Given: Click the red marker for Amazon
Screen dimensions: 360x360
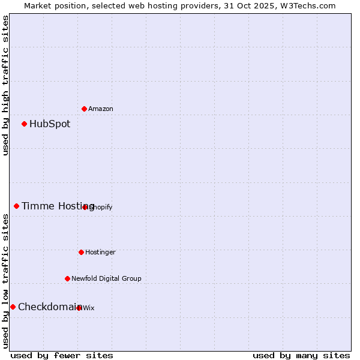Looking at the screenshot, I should click(84, 109).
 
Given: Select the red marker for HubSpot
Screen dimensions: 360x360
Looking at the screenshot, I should click(24, 124).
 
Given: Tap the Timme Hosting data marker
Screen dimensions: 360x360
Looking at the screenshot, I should click(16, 206).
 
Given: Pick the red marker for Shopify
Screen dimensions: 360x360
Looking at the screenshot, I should click(85, 207).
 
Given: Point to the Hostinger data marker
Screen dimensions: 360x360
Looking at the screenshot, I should click(81, 252).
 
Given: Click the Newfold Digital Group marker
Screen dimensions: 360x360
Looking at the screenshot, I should click(67, 278).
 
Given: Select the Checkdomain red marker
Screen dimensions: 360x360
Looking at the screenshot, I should click(13, 307).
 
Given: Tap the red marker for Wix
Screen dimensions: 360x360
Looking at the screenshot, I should click(79, 308).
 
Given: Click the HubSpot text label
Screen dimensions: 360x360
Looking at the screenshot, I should click(50, 124).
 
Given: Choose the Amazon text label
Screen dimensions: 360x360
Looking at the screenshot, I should click(101, 109).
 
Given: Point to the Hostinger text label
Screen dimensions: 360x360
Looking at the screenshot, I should click(100, 253).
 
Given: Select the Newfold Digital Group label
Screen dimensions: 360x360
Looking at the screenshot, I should click(106, 279).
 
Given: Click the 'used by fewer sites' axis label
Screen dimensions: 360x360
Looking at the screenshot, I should click(62, 355).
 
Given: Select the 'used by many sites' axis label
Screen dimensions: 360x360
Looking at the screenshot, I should click(301, 355).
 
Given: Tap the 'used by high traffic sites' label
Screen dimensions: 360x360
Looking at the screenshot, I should click(6, 85).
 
